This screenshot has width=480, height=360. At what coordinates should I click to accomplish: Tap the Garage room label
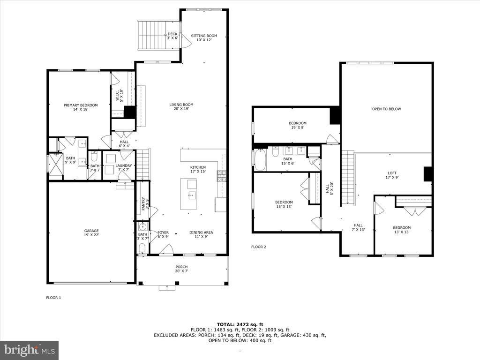(x=91, y=233)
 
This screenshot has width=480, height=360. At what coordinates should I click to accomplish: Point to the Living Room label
(x=181, y=107)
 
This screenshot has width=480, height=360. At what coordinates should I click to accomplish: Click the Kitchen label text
(x=198, y=170)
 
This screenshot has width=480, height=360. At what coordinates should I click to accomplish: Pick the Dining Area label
(x=201, y=234)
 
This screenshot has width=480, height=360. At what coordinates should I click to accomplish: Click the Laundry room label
(x=124, y=168)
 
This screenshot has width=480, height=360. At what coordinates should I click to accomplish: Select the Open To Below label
(x=387, y=109)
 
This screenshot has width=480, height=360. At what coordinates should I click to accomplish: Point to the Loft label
(x=392, y=175)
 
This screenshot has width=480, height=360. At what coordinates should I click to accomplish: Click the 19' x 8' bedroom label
(x=297, y=126)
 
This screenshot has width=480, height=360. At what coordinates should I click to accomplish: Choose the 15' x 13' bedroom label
(x=284, y=204)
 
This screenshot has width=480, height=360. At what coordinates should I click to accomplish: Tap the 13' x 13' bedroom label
(x=402, y=230)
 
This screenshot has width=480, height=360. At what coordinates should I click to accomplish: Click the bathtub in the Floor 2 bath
(x=260, y=160)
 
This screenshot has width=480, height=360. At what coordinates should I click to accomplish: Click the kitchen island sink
(x=192, y=195)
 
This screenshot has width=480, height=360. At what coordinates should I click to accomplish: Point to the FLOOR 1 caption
(x=53, y=298)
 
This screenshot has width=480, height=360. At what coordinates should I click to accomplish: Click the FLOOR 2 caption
(x=258, y=247)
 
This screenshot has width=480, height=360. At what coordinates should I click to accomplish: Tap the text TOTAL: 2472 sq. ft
(x=240, y=324)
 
